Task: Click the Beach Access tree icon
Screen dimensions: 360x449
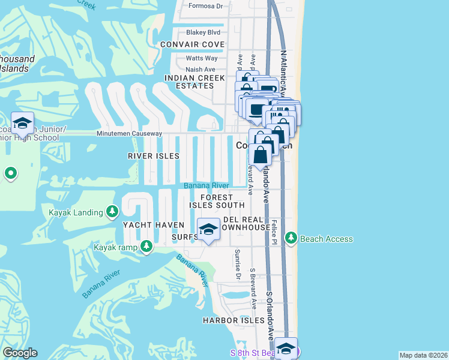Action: [291, 239]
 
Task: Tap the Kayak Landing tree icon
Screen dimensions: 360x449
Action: [112, 212]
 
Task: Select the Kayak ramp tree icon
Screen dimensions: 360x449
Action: [146, 247]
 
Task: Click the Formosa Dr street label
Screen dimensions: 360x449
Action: [205, 6]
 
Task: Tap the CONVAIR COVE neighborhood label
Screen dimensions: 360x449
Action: [193, 45]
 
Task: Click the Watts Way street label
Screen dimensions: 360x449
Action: [202, 58]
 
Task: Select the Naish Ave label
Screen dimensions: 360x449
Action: [200, 70]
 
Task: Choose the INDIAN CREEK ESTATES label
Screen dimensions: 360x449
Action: [189, 82]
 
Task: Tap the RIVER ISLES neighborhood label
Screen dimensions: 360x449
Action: [154, 156]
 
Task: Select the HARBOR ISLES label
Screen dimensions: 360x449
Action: [234, 320]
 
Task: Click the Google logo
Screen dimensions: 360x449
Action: [20, 353]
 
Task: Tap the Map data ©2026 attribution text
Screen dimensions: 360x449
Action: [423, 355]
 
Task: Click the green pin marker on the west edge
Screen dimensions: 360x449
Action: [10, 174]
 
